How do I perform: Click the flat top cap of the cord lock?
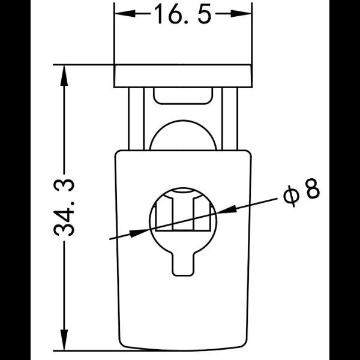(182, 76)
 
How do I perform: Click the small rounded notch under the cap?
(182, 95)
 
